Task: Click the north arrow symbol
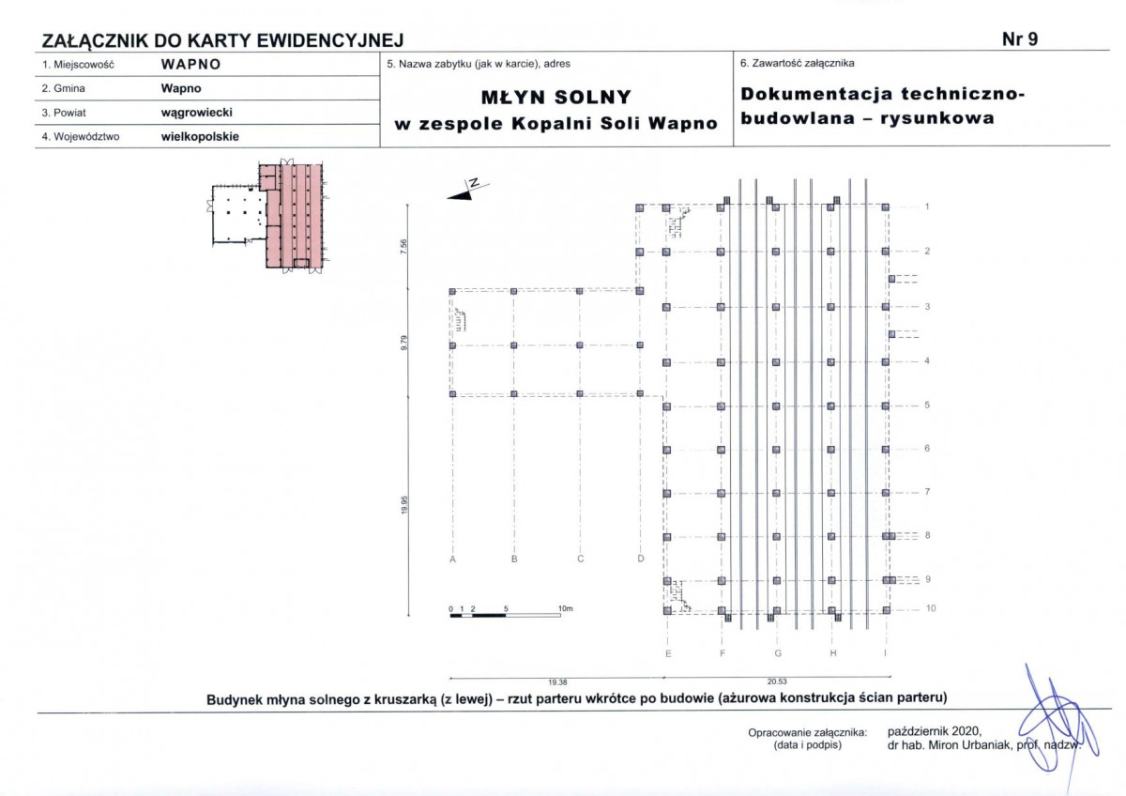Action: click(467, 190)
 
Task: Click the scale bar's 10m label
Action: click(566, 608)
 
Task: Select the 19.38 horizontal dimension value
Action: click(557, 682)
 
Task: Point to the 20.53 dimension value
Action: click(777, 681)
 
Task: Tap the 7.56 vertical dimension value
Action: click(403, 246)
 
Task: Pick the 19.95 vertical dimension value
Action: click(404, 505)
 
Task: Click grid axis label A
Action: click(453, 559)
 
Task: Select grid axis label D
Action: click(640, 559)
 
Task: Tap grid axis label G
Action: click(778, 653)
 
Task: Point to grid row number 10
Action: click(931, 608)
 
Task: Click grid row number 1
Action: click(927, 207)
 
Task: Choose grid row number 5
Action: click(927, 405)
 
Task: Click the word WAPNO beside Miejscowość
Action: click(191, 65)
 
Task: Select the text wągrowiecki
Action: click(196, 112)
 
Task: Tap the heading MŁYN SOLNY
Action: click(555, 97)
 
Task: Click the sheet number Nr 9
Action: click(1020, 39)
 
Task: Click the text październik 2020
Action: click(935, 731)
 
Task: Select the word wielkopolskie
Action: click(200, 137)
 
